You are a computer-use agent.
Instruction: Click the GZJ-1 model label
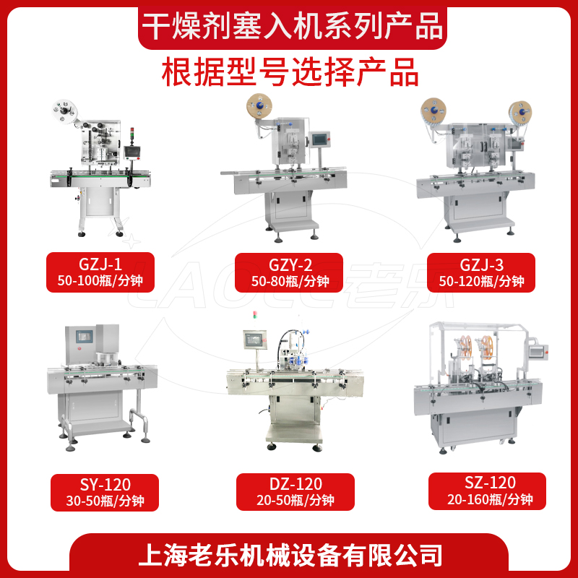pyautogui.click(x=100, y=264)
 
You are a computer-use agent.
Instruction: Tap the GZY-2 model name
pyautogui.click(x=290, y=265)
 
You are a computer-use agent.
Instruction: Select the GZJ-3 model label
pyautogui.click(x=481, y=265)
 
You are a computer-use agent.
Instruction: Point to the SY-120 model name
pyautogui.click(x=105, y=484)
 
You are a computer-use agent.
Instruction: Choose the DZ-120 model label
pyautogui.click(x=296, y=483)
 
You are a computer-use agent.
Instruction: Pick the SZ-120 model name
pyautogui.click(x=490, y=483)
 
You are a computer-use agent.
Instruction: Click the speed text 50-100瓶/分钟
pyautogui.click(x=100, y=281)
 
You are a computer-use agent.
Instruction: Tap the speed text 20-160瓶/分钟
pyautogui.click(x=490, y=499)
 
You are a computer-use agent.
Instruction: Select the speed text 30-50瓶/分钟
pyautogui.click(x=105, y=501)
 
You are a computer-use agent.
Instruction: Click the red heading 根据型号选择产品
pyautogui.click(x=290, y=72)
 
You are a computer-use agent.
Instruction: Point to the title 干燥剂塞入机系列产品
pyautogui.click(x=293, y=26)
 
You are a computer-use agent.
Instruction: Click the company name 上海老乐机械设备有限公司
pyautogui.click(x=290, y=555)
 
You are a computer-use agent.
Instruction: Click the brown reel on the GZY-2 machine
pyautogui.click(x=259, y=105)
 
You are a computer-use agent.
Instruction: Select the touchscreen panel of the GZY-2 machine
pyautogui.click(x=319, y=139)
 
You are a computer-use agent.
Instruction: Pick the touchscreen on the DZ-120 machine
pyautogui.click(x=255, y=340)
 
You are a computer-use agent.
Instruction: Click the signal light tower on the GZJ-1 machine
pyautogui.click(x=133, y=136)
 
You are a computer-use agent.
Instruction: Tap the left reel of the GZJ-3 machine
pyautogui.click(x=433, y=111)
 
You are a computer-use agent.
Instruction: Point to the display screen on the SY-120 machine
pyautogui.click(x=85, y=336)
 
